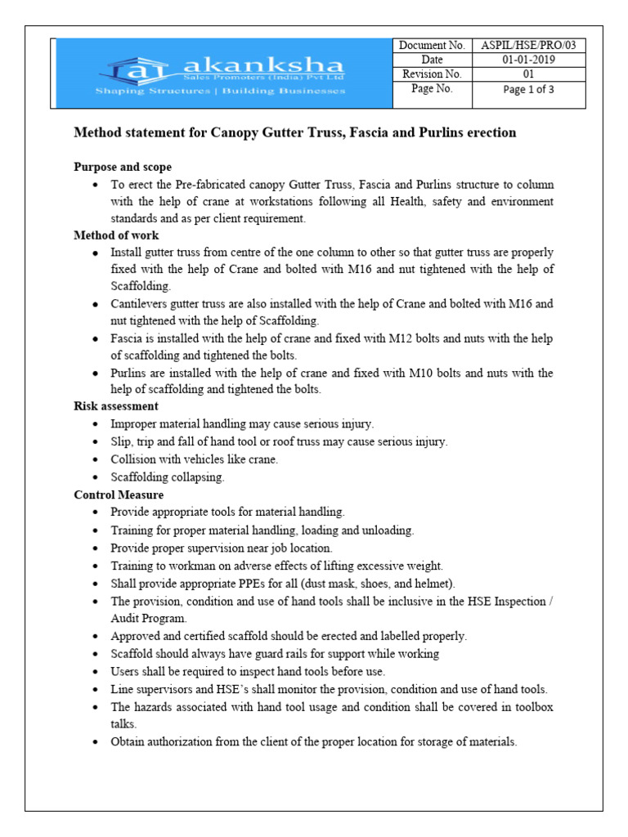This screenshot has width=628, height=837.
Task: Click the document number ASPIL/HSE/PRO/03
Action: (528, 46)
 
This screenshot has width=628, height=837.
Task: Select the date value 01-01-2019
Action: (528, 60)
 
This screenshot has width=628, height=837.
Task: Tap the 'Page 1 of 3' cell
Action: (528, 90)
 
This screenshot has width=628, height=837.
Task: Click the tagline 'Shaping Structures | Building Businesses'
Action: (221, 91)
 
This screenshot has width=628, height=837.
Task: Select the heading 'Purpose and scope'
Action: (123, 167)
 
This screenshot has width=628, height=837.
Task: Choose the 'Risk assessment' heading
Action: (116, 405)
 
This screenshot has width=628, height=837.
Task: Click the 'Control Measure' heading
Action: (119, 495)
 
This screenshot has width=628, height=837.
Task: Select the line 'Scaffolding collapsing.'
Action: (168, 477)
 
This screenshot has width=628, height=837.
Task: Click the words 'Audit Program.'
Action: (150, 619)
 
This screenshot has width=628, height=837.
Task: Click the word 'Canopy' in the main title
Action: (238, 132)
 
